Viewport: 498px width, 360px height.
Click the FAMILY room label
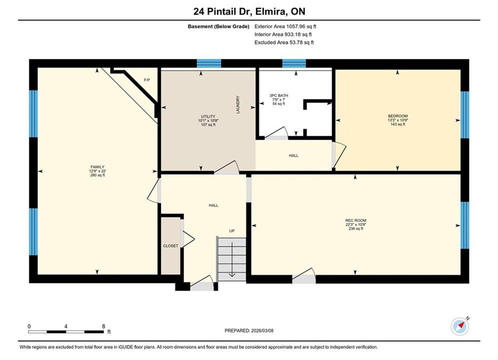click(98, 167)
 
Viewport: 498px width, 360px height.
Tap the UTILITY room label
click(208, 116)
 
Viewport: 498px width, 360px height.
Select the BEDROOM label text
click(397, 116)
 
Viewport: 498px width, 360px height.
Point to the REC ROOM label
click(356, 220)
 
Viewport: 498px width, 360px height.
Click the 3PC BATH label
click(279, 95)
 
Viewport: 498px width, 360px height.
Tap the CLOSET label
click(171, 246)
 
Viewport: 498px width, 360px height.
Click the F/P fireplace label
click(147, 80)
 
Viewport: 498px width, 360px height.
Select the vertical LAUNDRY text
click(238, 104)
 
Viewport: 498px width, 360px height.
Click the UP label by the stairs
click(232, 231)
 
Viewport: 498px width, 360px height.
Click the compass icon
click(460, 326)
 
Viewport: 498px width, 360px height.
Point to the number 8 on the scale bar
click(104, 326)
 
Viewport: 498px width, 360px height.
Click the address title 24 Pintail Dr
click(223, 11)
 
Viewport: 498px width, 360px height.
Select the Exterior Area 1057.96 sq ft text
click(285, 26)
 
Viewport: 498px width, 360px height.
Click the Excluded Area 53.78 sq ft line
click(284, 42)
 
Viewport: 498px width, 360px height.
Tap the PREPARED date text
click(249, 330)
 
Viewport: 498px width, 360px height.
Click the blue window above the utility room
click(209, 63)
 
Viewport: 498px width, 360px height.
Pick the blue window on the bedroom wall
click(464, 115)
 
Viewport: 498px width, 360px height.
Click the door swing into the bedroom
click(339, 155)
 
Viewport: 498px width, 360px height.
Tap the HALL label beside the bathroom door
click(293, 155)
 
